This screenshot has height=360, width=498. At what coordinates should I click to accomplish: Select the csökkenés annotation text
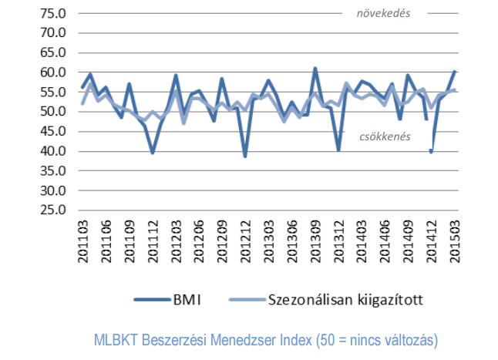385,136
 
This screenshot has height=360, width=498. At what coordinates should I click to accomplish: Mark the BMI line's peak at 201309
315,69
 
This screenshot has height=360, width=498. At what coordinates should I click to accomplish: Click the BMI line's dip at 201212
245,156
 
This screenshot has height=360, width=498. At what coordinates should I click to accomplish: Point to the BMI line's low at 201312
338,150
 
